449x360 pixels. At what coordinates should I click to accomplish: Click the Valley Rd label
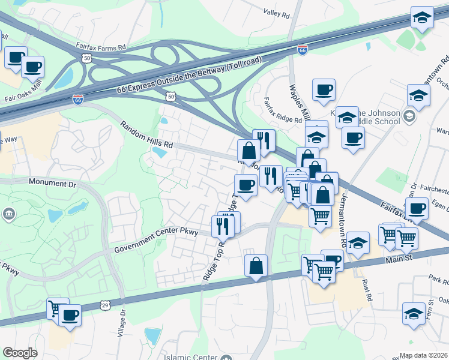pyautogui.click(x=276, y=11)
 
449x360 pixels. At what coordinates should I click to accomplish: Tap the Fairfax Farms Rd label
pyautogui.click(x=101, y=46)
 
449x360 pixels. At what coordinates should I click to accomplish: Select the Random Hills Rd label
pyautogui.click(x=146, y=136)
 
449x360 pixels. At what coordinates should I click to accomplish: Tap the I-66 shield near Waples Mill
pyautogui.click(x=303, y=50)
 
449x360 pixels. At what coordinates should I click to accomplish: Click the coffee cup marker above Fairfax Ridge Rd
pyautogui.click(x=324, y=90)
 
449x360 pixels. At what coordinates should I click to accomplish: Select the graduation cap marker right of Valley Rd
pyautogui.click(x=422, y=17)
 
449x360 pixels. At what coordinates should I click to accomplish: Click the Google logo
pyautogui.click(x=20, y=353)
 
